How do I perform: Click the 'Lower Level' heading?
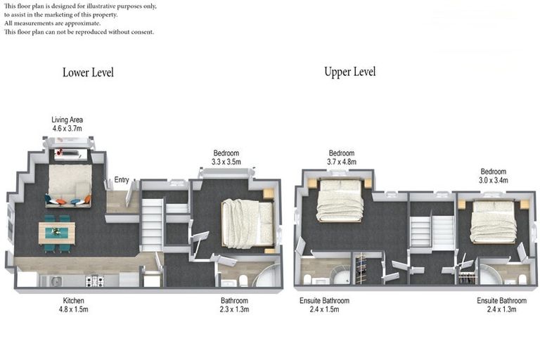pyautogui.click(x=88, y=72)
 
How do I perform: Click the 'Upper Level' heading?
pyautogui.click(x=349, y=72)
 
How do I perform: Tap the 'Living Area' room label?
pyautogui.click(x=67, y=120)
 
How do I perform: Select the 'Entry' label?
pyautogui.click(x=122, y=180)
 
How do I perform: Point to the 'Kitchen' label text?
pyautogui.click(x=73, y=300)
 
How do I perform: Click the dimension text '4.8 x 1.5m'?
pyautogui.click(x=73, y=309)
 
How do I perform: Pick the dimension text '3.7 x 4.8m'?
pyautogui.click(x=342, y=162)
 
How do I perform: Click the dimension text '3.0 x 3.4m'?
pyautogui.click(x=493, y=180)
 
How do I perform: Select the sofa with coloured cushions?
pyautogui.click(x=69, y=186)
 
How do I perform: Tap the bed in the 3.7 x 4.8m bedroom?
pyautogui.click(x=340, y=200)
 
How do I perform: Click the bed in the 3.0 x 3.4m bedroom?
pyautogui.click(x=493, y=221)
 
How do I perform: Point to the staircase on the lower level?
pyautogui.click(x=152, y=224)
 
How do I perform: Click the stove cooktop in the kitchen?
pyautogui.click(x=94, y=281)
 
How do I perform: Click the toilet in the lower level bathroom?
pyautogui.click(x=243, y=281)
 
